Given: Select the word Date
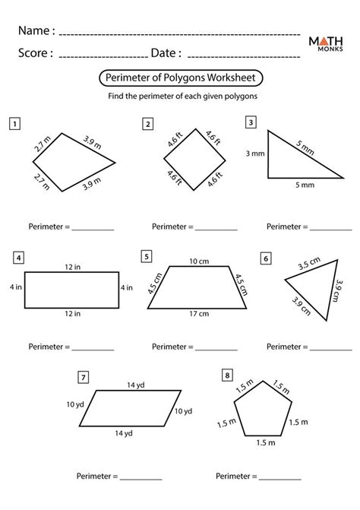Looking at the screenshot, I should [166, 53].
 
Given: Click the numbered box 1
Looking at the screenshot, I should [14, 122].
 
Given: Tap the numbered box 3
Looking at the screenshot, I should [251, 122].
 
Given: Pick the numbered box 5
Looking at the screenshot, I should [146, 256].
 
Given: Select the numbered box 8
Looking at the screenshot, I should [227, 375].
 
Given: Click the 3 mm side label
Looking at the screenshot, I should [254, 154].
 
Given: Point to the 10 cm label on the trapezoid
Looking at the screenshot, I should [199, 261].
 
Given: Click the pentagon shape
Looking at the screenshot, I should [261, 411].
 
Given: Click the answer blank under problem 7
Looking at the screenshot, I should [141, 477].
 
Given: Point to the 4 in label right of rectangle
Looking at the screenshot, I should [126, 289].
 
